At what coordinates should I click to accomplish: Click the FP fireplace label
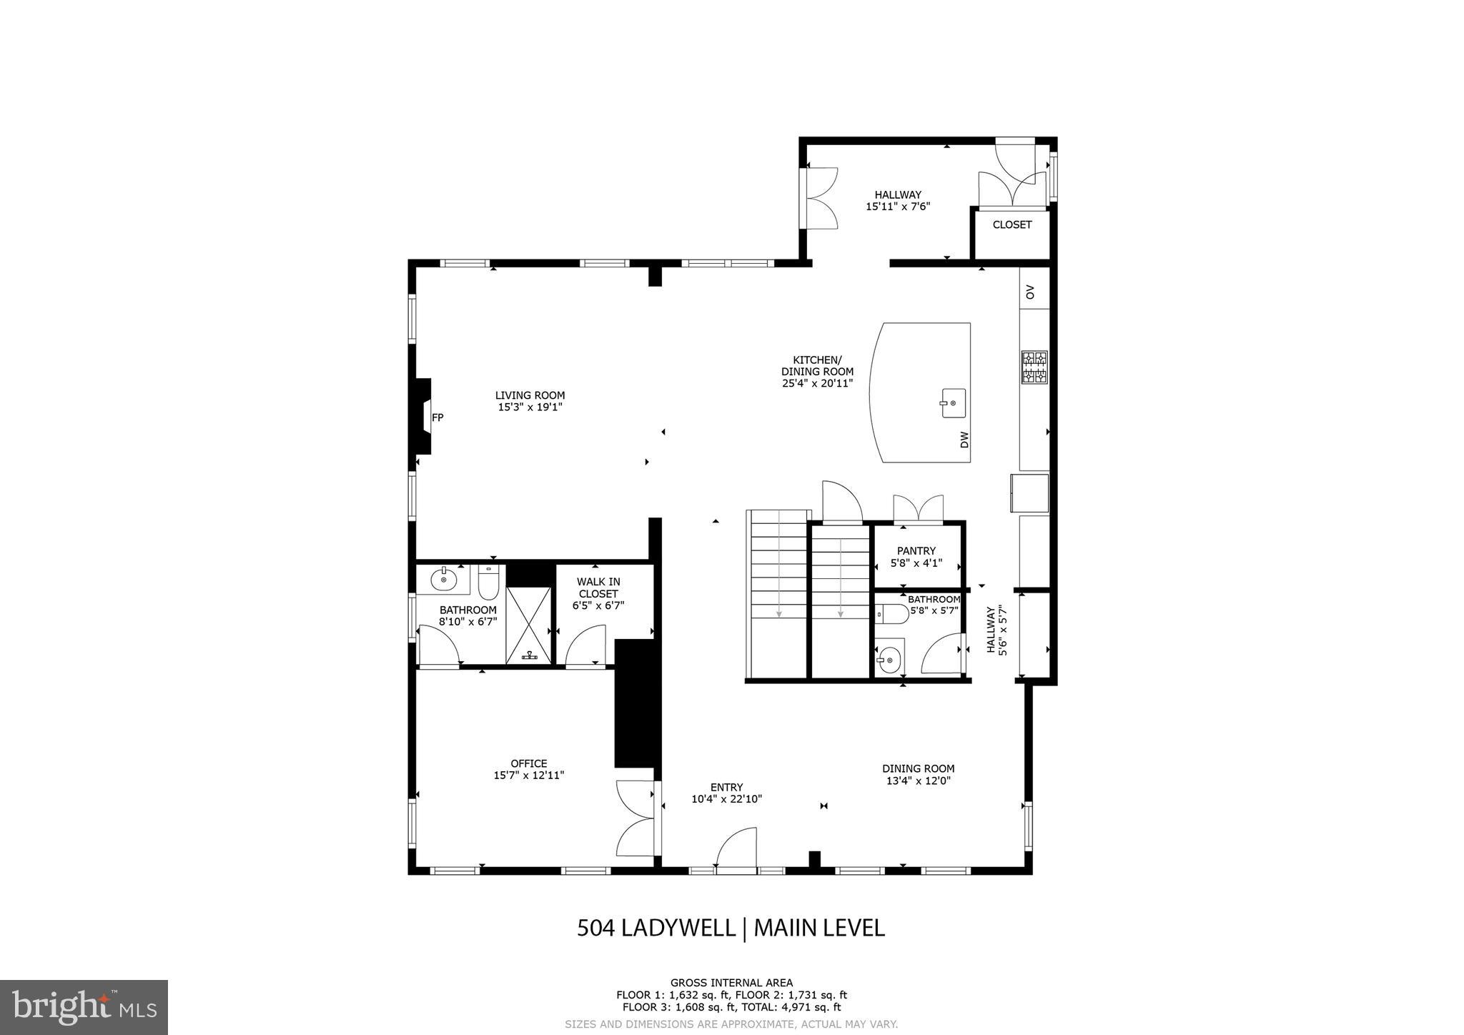pyautogui.click(x=437, y=417)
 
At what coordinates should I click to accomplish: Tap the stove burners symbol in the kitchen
pyautogui.click(x=1034, y=367)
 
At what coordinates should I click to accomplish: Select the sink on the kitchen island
pyautogui.click(x=952, y=403)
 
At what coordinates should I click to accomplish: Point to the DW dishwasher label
pyautogui.click(x=964, y=440)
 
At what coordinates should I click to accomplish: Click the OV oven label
pyautogui.click(x=1030, y=292)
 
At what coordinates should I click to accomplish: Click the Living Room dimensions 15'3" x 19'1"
pyautogui.click(x=530, y=407)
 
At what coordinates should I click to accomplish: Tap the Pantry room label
pyautogui.click(x=916, y=551)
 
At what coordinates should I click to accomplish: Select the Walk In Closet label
pyautogui.click(x=598, y=588)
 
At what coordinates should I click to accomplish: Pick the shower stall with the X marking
pyautogui.click(x=528, y=625)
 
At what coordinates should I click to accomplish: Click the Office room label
pyautogui.click(x=528, y=763)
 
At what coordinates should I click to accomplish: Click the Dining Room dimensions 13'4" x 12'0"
pyautogui.click(x=918, y=781)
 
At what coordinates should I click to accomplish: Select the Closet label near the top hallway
pyautogui.click(x=1012, y=224)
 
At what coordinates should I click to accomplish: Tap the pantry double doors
pyautogui.click(x=918, y=509)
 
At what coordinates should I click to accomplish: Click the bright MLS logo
pyautogui.click(x=84, y=1007)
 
